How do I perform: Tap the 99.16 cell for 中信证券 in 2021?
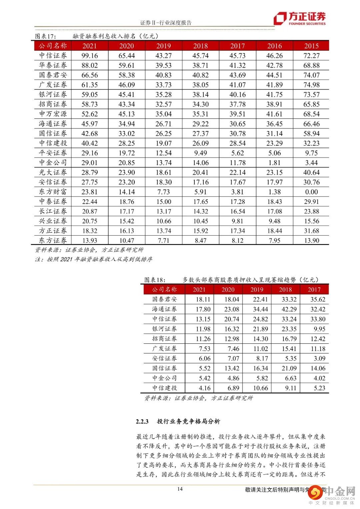(90, 56)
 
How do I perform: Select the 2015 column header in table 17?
(311, 46)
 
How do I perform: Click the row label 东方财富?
(53, 192)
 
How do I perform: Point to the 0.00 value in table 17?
(311, 192)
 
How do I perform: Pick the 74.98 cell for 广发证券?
(311, 85)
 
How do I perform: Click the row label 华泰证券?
(53, 65)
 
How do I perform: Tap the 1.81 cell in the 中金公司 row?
(274, 163)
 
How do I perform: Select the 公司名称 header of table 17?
(53, 46)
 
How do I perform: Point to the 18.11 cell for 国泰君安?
(203, 300)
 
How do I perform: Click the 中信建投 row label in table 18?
(165, 388)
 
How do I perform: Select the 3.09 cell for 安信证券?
(318, 359)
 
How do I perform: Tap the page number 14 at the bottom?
(180, 489)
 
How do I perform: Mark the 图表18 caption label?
(155, 280)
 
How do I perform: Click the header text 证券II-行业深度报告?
(166, 23)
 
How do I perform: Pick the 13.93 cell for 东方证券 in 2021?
(90, 240)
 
